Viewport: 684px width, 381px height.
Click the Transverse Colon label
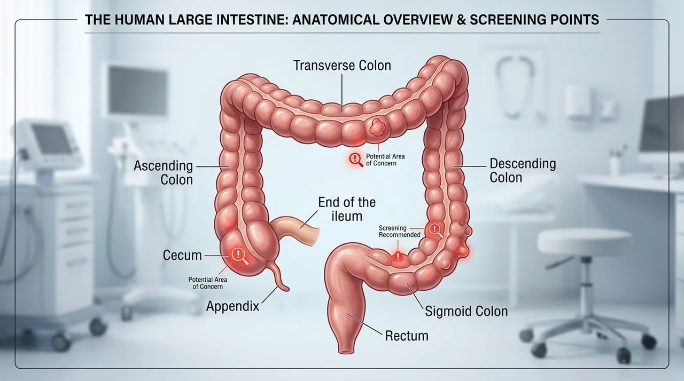click(342, 66)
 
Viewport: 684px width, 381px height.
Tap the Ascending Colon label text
click(164, 173)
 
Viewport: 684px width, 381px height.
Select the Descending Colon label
click(523, 171)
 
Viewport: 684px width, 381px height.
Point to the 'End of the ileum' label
click(347, 209)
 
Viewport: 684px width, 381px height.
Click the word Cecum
click(182, 256)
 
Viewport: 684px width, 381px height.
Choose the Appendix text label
click(232, 306)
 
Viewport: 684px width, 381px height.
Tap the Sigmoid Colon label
click(467, 311)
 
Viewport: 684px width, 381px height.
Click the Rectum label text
click(407, 336)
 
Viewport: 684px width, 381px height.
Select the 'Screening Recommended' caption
click(399, 232)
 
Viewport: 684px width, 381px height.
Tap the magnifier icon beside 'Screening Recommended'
click(435, 229)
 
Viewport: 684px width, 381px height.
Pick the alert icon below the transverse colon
click(356, 160)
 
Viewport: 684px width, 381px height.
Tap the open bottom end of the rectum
click(346, 351)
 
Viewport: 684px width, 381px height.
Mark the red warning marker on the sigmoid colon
click(398, 256)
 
